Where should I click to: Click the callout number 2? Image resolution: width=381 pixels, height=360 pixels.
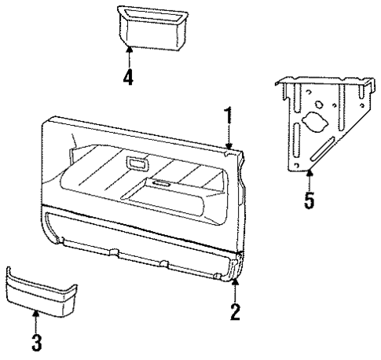[234, 311]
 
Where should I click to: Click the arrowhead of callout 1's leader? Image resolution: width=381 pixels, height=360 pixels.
[229, 146]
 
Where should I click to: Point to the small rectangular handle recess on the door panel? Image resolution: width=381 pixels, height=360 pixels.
[137, 164]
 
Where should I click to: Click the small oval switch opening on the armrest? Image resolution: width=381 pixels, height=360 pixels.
[162, 185]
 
